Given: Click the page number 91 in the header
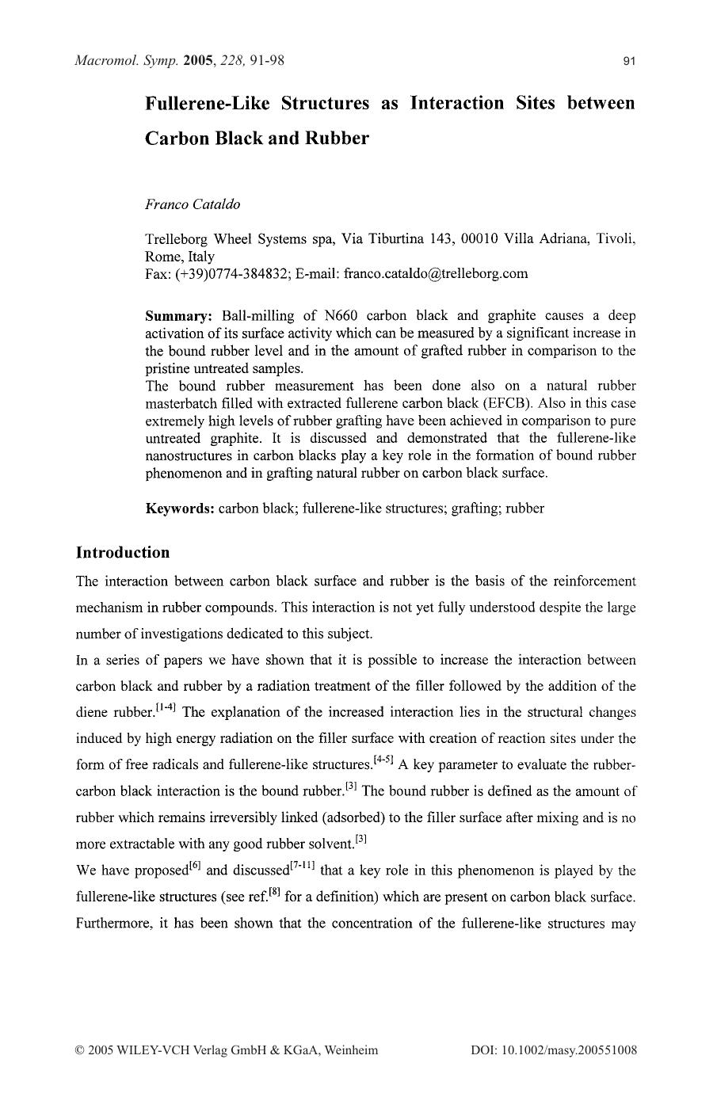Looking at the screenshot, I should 629,61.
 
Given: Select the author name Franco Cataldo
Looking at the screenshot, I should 193,204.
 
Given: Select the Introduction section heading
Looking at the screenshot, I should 123,552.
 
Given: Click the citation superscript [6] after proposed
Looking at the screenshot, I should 195,865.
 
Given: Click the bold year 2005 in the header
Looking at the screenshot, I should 199,60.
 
